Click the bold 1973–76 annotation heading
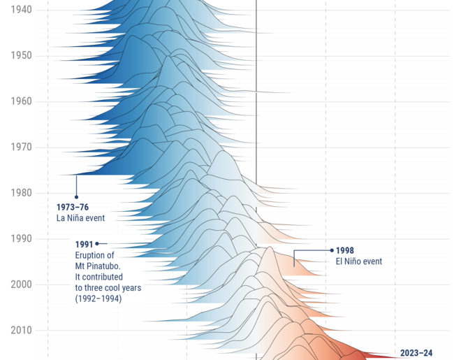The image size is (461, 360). [73, 207]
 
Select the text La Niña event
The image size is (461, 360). [80, 218]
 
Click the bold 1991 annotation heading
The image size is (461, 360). [84, 244]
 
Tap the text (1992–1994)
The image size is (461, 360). [98, 298]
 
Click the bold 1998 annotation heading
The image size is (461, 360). [345, 250]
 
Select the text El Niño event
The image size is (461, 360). [358, 261]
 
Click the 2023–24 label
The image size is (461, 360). [416, 353]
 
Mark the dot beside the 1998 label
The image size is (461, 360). [331, 250]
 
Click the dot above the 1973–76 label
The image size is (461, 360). [76, 197]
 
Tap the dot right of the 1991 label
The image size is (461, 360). [97, 244]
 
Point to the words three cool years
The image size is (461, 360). [105, 288]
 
